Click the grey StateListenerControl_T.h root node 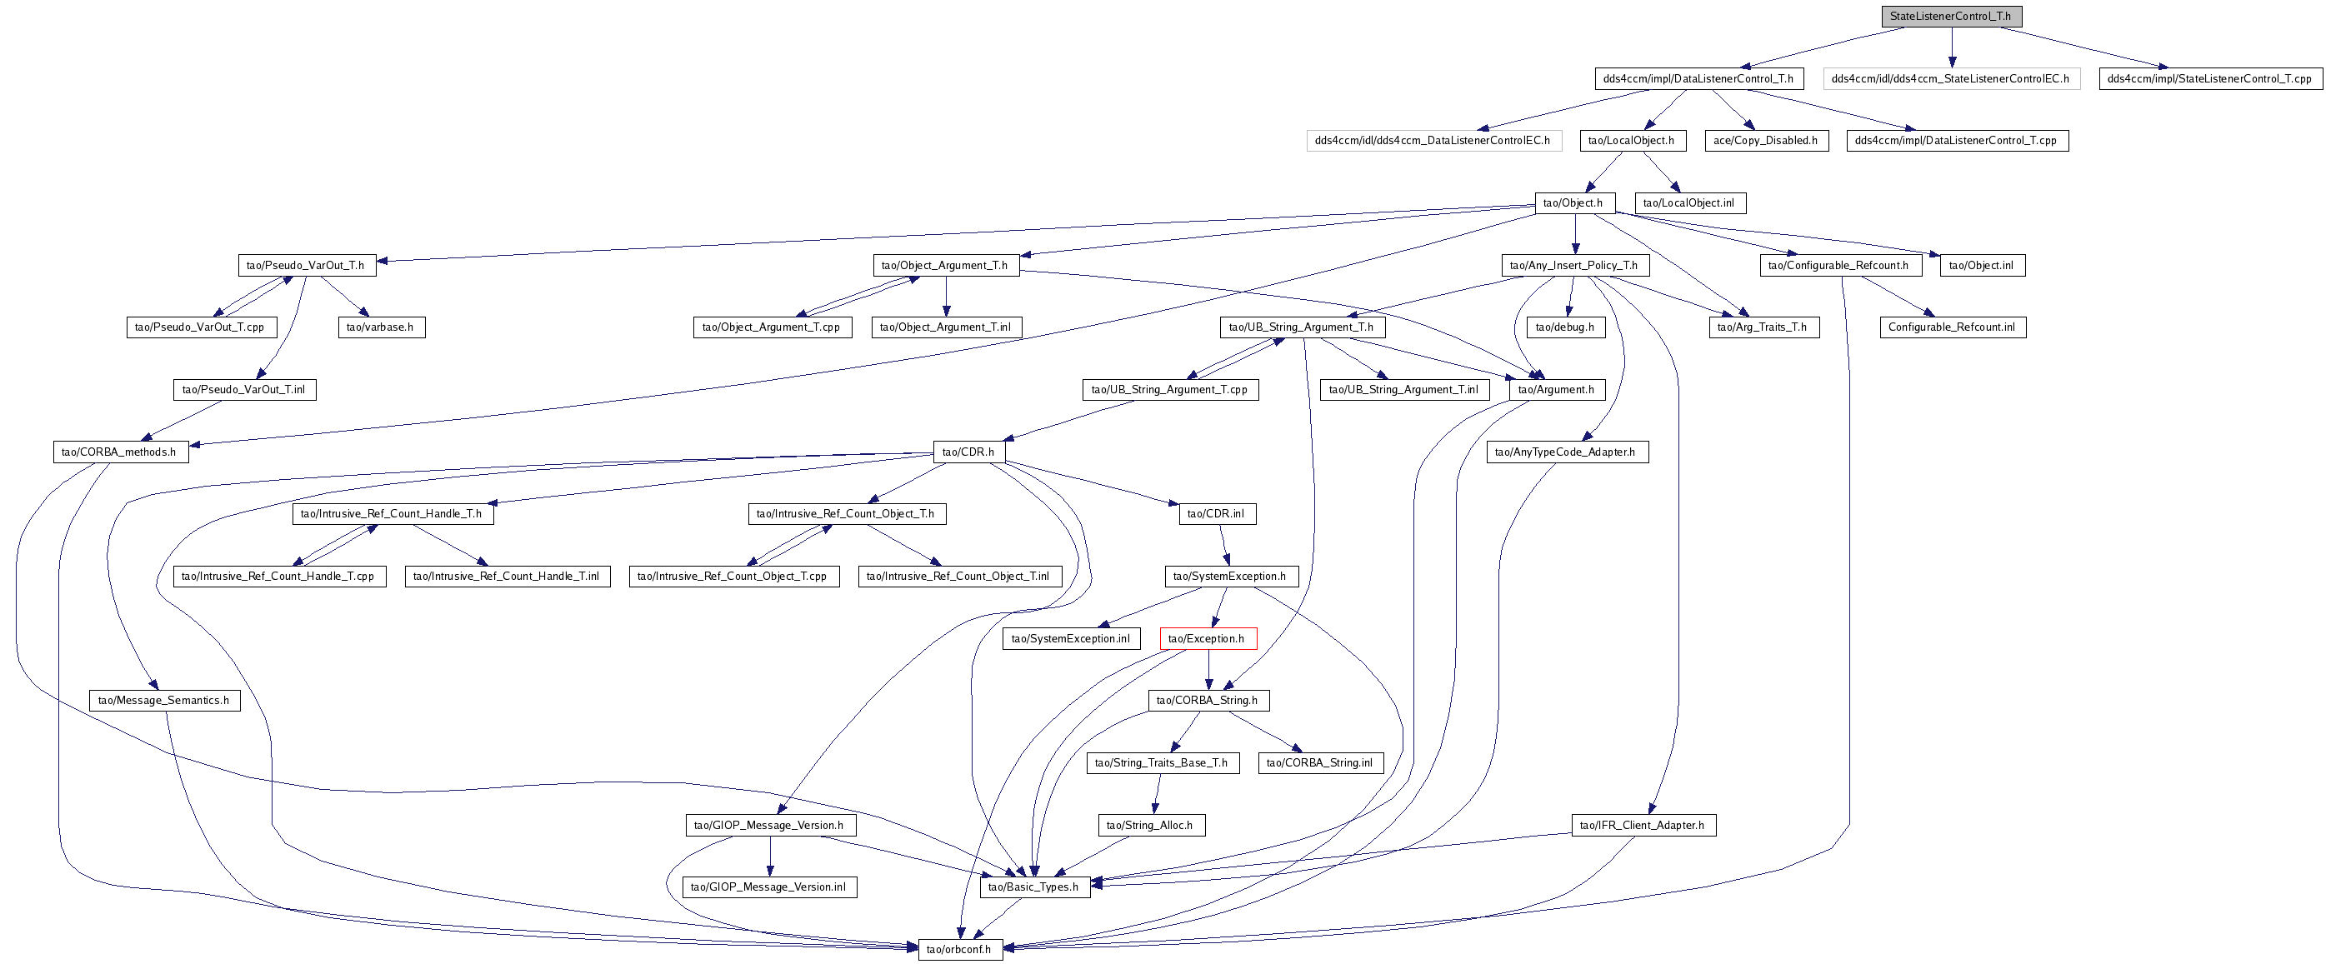coord(1950,17)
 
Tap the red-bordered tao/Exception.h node coord(1208,639)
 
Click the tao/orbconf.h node coord(960,950)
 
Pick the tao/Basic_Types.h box coord(1035,887)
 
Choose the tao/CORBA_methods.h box coord(120,452)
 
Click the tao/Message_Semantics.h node coord(164,701)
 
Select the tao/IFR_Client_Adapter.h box coord(1643,825)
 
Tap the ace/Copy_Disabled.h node coord(1766,141)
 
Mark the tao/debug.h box coord(1566,327)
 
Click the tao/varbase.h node coord(381,327)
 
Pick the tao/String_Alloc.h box coord(1150,825)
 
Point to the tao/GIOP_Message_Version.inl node coord(769,887)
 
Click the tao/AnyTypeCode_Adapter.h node coord(1567,452)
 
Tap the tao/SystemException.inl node coord(1071,639)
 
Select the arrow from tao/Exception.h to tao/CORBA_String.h coord(1208,670)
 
